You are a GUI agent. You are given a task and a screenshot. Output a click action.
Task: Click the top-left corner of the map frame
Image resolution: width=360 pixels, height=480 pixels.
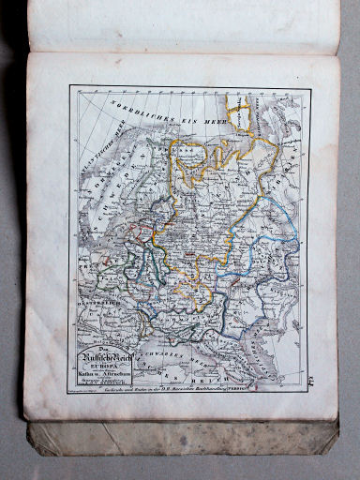tap(70, 87)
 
